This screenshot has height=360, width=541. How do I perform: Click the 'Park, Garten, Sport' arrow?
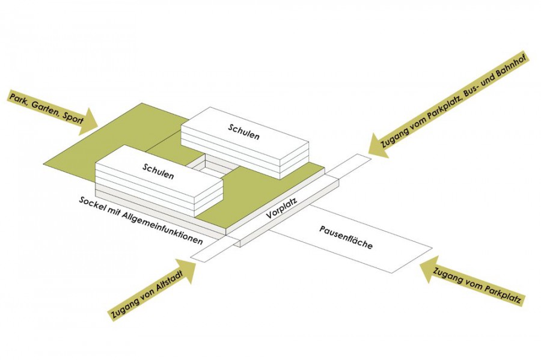click(x=51, y=112)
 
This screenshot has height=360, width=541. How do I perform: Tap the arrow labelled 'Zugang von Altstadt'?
click(x=153, y=291)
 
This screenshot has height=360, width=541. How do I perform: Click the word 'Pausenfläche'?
click(x=347, y=239)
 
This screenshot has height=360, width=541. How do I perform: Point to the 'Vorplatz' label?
click(x=282, y=206)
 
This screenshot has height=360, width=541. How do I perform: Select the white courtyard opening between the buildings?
click(x=207, y=170)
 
